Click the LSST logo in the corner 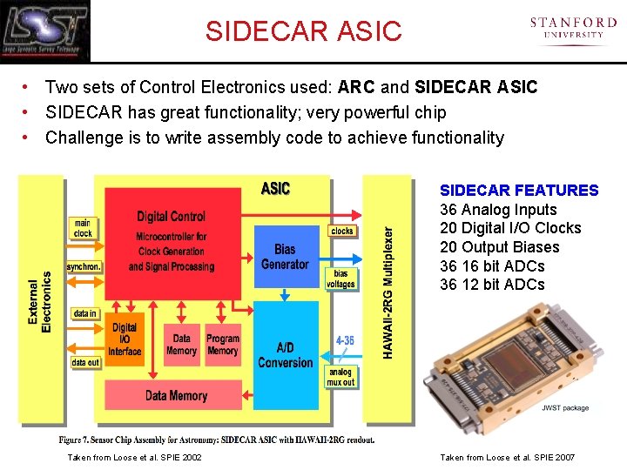click(45, 30)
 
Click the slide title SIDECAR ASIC click(304, 31)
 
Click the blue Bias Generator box click(285, 257)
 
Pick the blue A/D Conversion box click(285, 355)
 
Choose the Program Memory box click(222, 345)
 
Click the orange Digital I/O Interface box click(125, 339)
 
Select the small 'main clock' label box click(83, 228)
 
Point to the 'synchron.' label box click(84, 266)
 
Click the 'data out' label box click(85, 362)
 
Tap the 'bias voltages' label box click(340, 279)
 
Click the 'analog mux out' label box click(340, 377)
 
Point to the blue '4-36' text click(345, 341)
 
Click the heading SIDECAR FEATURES click(519, 191)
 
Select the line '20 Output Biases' click(499, 247)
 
